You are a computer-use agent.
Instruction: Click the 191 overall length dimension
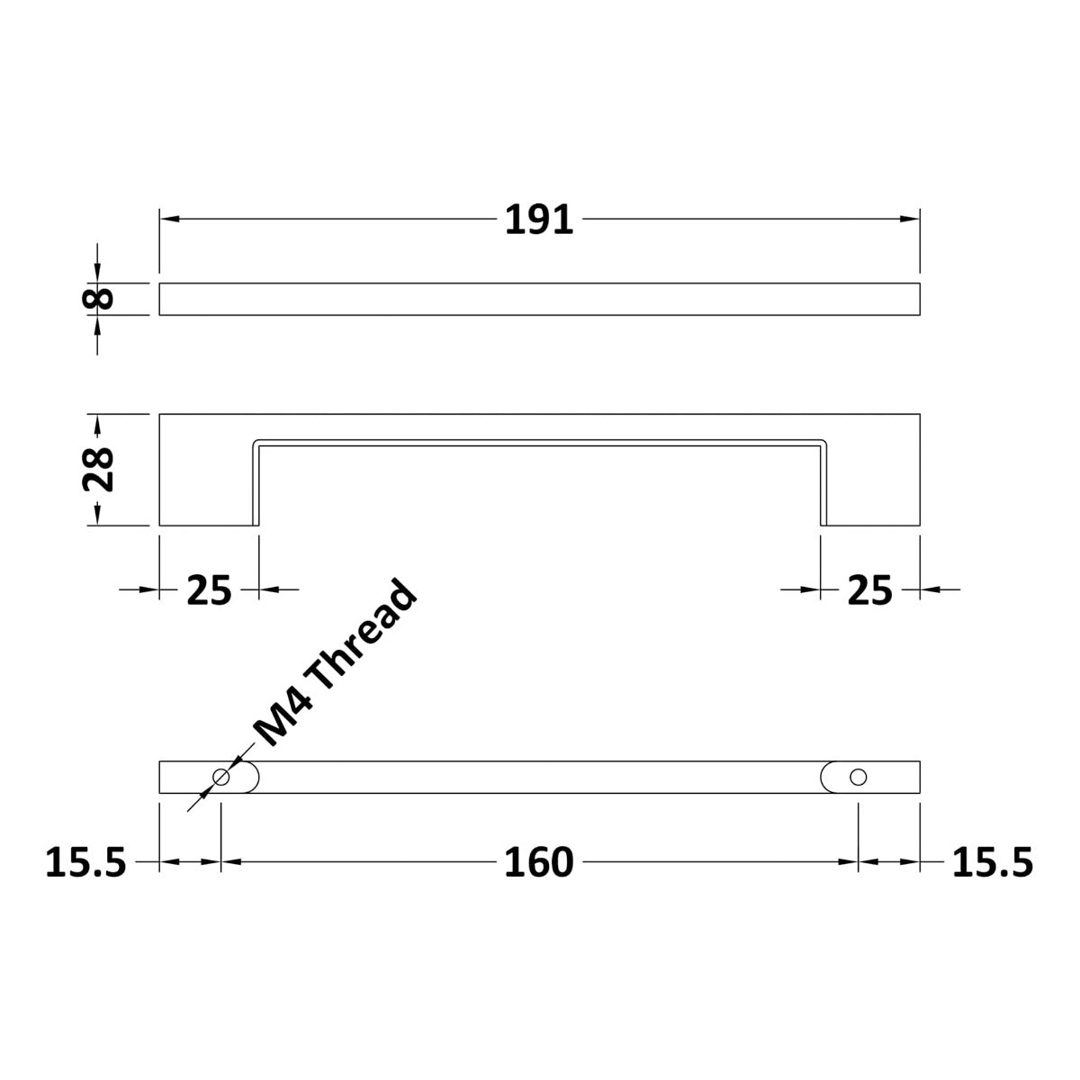539,220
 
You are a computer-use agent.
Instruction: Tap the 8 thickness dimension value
98,299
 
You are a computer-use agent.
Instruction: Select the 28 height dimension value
98,470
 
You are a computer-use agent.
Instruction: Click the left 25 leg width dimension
209,590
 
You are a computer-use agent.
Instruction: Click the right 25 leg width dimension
869,590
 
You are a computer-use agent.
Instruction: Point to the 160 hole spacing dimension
538,863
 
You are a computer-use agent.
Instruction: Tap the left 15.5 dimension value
85,863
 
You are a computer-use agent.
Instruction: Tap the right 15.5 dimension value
993,863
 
